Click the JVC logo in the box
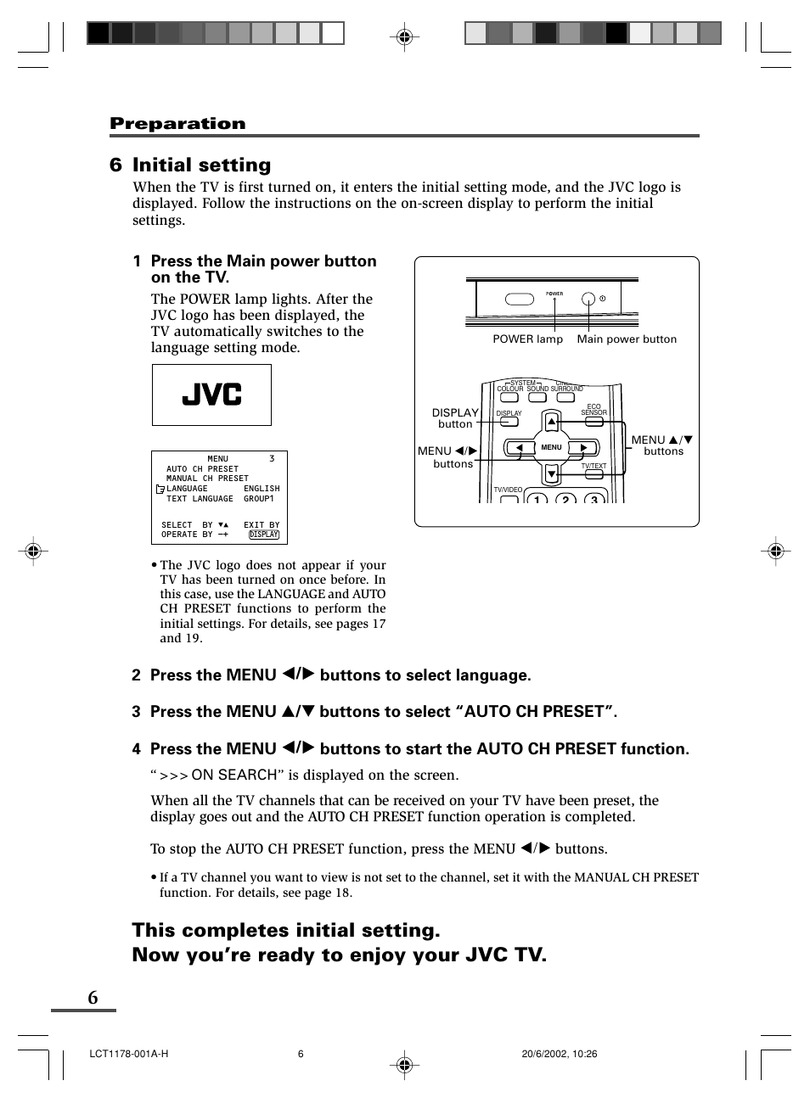click(x=211, y=395)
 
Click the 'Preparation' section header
click(x=177, y=124)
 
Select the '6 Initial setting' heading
click(x=190, y=165)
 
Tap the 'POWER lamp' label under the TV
click(x=527, y=339)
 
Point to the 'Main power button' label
click(x=627, y=339)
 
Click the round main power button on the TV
click(x=588, y=300)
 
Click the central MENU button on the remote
click(x=552, y=447)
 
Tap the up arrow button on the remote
click(x=552, y=421)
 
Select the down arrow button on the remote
click(x=552, y=473)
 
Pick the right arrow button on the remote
click(x=583, y=448)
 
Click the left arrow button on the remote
click(x=520, y=448)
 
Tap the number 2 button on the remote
click(x=565, y=500)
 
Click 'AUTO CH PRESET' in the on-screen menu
click(x=202, y=469)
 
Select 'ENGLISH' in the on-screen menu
click(x=262, y=489)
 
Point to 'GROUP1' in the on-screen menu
click(x=259, y=499)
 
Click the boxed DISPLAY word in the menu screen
click(x=264, y=535)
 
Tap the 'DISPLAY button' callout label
click(x=455, y=418)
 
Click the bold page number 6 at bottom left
click(x=93, y=998)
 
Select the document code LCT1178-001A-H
click(x=128, y=1054)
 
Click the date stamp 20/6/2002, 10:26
click(x=559, y=1054)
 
